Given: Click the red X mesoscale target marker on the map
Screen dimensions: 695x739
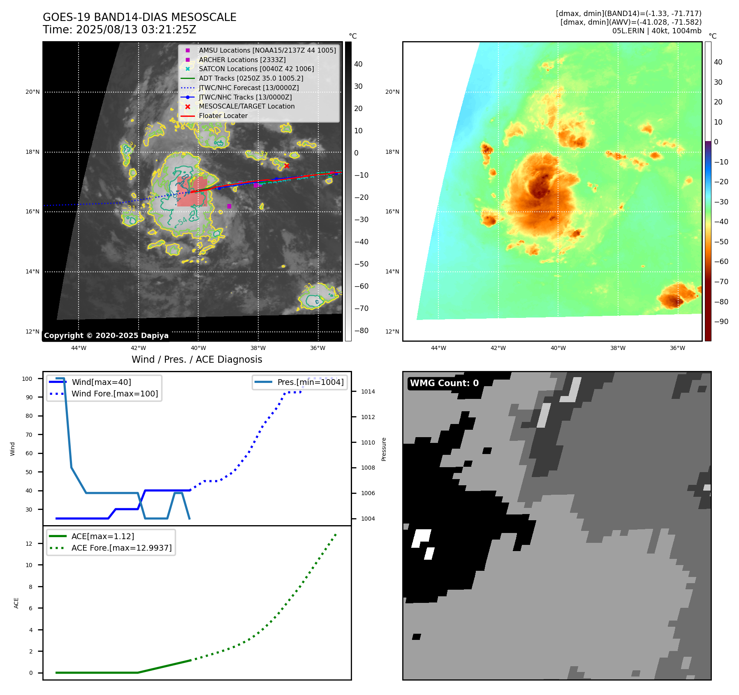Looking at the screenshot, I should [287, 166].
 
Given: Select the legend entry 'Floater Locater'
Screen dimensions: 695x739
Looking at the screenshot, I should [223, 116].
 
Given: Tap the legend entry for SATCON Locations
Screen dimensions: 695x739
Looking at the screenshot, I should [256, 69].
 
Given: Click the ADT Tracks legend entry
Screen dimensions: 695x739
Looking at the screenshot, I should [251, 78].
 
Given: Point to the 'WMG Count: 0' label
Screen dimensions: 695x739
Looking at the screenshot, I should [444, 383].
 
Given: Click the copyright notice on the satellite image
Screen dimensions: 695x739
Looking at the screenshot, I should [106, 336].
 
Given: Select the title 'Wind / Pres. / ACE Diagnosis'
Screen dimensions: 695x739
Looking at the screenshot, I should [197, 359].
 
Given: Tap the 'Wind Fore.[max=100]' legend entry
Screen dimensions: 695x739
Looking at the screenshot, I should [114, 394].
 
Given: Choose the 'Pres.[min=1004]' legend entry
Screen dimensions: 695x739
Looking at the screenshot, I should [310, 382].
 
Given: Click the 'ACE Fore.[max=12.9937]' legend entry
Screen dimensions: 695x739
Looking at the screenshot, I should [121, 548].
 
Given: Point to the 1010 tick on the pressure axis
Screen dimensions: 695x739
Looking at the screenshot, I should [368, 442].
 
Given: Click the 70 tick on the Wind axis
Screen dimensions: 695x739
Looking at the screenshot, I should [29, 435].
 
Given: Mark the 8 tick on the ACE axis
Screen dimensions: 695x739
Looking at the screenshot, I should [31, 587].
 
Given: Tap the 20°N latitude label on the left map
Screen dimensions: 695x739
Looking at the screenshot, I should [32, 92].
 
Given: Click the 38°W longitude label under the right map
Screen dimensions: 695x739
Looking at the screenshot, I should [618, 348].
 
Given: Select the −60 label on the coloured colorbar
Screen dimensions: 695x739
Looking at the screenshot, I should [721, 262].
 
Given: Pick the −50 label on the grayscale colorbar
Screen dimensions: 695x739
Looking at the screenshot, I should [361, 264].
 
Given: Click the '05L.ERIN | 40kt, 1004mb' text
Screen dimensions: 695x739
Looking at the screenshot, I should [656, 31].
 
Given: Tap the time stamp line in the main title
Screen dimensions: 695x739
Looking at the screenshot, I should [119, 30].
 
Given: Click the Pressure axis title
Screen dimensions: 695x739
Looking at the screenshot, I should [384, 449].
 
